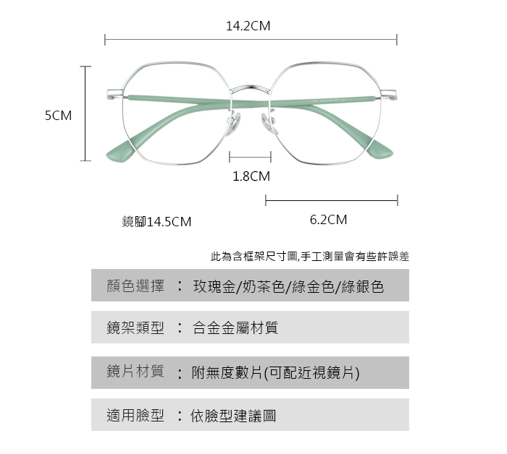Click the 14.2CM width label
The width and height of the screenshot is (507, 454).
pos(248,26)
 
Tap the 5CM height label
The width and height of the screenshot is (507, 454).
pos(58,115)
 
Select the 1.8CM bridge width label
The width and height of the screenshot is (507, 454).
pos(251,176)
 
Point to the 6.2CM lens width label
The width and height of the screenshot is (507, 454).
pos(328,220)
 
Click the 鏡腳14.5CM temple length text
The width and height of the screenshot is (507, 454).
pos(157,222)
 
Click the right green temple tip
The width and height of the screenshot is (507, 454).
pos(380,150)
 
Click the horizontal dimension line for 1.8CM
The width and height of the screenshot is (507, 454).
pos(250,157)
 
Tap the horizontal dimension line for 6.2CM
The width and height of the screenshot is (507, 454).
pos(332,200)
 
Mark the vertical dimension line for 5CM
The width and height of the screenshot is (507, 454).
pos(85,113)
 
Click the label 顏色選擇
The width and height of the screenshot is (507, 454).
pos(135,286)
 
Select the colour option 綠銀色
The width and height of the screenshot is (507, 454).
pos(362,287)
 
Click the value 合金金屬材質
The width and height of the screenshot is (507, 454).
pos(235,328)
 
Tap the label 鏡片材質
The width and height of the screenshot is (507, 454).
pos(135,372)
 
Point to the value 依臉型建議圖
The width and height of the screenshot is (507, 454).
pos(233,416)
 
